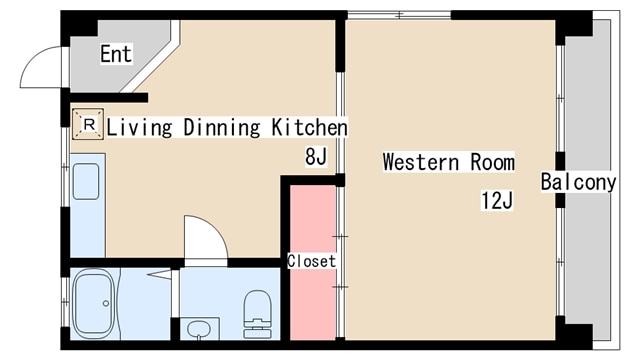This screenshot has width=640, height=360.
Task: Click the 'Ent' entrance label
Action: pos(116,54)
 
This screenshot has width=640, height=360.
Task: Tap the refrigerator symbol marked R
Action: pos(88,124)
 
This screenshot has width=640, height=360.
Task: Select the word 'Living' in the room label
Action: pos(139,127)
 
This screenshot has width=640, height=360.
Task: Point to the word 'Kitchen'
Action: pos(310,127)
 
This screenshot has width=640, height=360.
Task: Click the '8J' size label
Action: pos(316,156)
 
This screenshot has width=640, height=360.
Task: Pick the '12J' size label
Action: pos(497,200)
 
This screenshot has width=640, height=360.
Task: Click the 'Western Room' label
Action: pos(449,162)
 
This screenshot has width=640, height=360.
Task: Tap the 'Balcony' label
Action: pos(578,182)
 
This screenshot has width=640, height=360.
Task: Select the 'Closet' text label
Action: pos(311,261)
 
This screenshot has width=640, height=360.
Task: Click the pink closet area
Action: pos(313,262)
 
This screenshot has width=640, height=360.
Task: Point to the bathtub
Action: pos(93,303)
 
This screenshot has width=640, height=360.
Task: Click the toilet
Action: pos(258,314)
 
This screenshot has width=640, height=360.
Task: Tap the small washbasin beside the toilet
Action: pos(199,329)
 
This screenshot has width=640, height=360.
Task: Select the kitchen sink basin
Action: pos(86,182)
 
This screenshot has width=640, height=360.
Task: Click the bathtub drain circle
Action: pos(106,303)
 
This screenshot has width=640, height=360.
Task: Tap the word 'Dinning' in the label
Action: pos(222,127)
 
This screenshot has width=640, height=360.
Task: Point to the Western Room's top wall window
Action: pos(399,15)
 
